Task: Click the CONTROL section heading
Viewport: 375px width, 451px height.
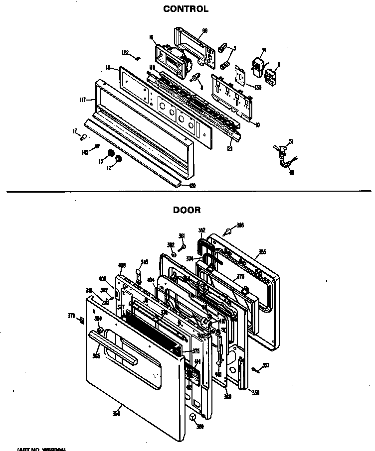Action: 186,9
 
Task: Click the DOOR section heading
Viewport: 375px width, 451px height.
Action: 187,210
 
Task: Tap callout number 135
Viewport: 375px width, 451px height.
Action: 257,88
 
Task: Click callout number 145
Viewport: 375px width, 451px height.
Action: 85,152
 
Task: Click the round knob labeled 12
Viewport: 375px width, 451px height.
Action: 119,159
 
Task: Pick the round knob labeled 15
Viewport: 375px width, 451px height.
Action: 112,152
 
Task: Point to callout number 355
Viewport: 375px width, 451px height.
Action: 262,252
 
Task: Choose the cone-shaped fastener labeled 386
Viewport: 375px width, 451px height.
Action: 229,231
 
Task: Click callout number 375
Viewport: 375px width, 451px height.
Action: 196,351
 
